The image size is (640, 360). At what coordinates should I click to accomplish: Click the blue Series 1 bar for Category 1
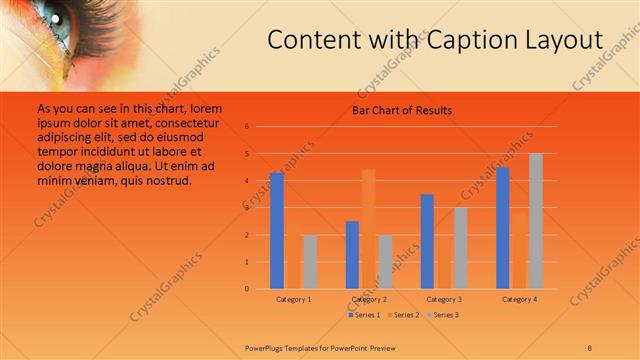click(x=277, y=231)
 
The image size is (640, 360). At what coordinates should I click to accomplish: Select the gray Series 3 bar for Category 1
click(x=310, y=262)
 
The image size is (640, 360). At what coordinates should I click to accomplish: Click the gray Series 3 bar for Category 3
click(x=461, y=248)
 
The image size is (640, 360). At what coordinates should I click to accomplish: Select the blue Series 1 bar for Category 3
click(x=428, y=241)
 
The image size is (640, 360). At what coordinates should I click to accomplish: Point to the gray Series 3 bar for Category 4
click(x=536, y=221)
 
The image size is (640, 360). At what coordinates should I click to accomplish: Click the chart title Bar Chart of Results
click(x=402, y=110)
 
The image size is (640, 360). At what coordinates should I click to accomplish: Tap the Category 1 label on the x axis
click(x=293, y=299)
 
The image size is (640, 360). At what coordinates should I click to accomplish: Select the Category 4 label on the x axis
click(x=519, y=299)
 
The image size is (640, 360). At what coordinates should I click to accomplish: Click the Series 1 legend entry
click(x=364, y=315)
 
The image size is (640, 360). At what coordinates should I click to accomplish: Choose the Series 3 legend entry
click(x=443, y=315)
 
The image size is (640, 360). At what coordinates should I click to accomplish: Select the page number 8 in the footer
click(x=590, y=347)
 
